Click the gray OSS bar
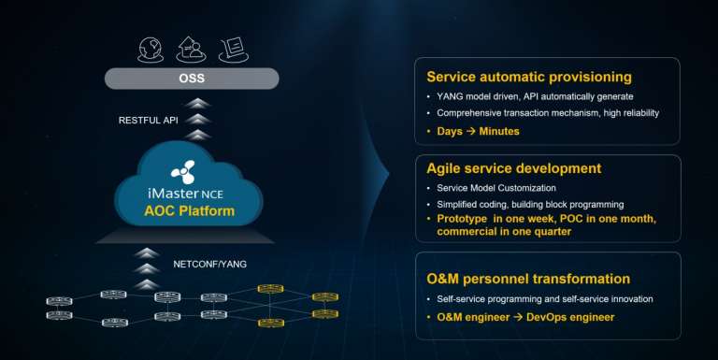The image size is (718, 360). point(192,79)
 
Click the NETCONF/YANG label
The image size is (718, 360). point(210,265)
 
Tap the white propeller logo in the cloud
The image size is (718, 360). point(183,172)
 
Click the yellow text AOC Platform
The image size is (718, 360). point(190,210)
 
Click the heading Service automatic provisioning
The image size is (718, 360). point(528,77)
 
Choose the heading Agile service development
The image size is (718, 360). point(513,169)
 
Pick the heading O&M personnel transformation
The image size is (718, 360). point(527,279)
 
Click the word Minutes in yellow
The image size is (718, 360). point(499,131)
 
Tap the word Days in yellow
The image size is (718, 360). point(450,131)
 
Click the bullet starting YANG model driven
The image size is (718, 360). point(536,96)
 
